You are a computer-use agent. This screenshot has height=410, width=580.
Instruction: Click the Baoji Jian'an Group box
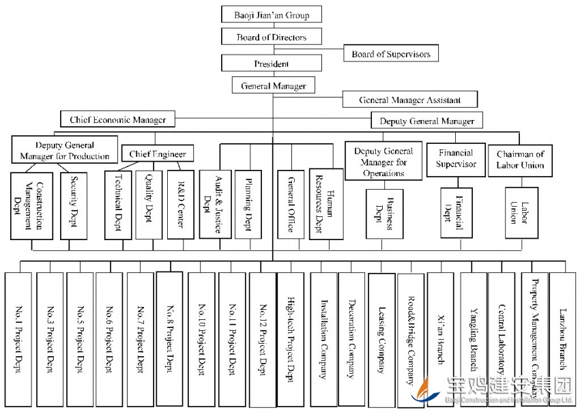272,14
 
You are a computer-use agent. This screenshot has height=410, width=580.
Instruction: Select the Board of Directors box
272,38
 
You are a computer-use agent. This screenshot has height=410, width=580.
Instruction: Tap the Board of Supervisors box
390,54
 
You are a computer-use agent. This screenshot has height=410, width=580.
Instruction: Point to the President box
272,63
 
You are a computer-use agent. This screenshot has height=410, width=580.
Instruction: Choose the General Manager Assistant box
409,100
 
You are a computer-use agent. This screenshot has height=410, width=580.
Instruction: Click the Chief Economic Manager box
117,119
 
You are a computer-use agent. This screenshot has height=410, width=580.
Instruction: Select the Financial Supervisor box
455,160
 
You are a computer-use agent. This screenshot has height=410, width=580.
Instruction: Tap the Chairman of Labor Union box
520,160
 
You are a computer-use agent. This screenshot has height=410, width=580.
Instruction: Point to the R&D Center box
180,204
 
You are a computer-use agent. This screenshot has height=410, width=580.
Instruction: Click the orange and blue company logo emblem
432,390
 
